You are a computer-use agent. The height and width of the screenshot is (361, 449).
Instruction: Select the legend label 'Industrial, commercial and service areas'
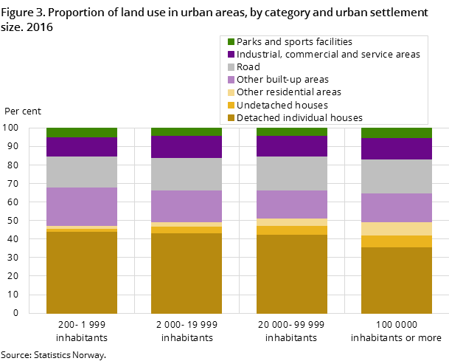[328, 55]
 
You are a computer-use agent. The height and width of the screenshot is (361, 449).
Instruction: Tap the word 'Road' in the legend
[248, 67]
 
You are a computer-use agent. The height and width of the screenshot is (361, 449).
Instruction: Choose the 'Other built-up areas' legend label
[282, 80]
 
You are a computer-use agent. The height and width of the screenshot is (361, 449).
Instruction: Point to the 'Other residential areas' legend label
[288, 92]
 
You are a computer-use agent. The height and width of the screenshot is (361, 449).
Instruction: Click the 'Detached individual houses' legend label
[299, 117]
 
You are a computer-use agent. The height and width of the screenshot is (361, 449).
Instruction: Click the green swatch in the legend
[231, 42]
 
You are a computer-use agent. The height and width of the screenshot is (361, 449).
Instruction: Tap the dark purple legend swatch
[231, 55]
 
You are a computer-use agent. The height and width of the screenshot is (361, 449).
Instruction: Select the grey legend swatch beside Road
[231, 67]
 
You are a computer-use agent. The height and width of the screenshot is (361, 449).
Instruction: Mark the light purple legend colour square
[231, 80]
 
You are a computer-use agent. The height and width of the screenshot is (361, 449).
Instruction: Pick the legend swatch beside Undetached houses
[231, 105]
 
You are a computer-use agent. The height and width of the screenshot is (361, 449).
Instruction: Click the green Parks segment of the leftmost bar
[82, 132]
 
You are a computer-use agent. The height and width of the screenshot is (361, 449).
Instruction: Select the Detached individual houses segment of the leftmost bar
[82, 272]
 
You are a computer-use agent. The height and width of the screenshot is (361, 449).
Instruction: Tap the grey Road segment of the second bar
[187, 174]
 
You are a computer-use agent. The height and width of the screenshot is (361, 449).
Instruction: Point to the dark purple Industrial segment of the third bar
[291, 146]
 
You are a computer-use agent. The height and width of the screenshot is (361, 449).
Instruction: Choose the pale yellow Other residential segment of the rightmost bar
[396, 229]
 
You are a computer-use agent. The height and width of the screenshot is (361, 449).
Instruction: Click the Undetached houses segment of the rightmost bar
[396, 241]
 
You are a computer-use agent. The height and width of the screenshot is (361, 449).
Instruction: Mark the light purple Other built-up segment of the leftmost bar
[82, 207]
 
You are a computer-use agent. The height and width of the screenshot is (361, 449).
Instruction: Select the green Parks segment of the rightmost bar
[396, 133]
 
